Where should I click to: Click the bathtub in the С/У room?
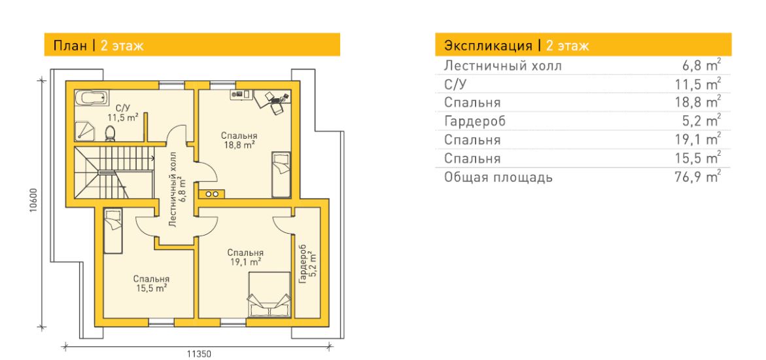click(91, 97)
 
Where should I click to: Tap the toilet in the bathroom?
click(111, 133)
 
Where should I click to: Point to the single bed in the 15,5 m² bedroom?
click(113, 231)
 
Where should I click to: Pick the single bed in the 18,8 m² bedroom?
click(281, 174)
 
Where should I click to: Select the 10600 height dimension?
click(32, 203)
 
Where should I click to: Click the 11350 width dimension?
click(200, 354)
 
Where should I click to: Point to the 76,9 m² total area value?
click(697, 177)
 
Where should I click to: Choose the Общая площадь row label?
click(498, 177)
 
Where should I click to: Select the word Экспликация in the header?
click(488, 46)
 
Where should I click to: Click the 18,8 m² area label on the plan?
click(239, 145)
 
